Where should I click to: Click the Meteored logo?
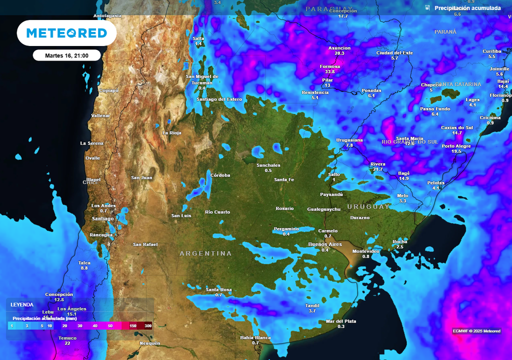[66, 33]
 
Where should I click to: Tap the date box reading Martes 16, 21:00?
[66, 55]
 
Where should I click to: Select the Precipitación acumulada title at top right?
[467, 8]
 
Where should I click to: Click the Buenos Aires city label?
[325, 244]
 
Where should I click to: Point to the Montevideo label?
[366, 251]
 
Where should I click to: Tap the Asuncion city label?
[339, 48]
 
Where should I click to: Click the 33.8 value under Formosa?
[329, 72]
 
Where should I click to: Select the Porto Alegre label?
[456, 146]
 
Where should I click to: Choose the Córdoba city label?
[220, 175]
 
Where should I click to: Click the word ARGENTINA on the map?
[206, 253]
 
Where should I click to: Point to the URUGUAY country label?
[368, 206]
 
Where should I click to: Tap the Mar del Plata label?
[341, 321]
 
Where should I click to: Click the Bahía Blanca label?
[255, 337]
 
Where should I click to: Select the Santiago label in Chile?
[103, 218]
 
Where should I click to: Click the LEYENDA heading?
[22, 304]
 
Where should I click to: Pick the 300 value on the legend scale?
[148, 326]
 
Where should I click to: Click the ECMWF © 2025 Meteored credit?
[476, 331]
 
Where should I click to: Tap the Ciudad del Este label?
[394, 52]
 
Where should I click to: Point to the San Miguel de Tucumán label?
[202, 79]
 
